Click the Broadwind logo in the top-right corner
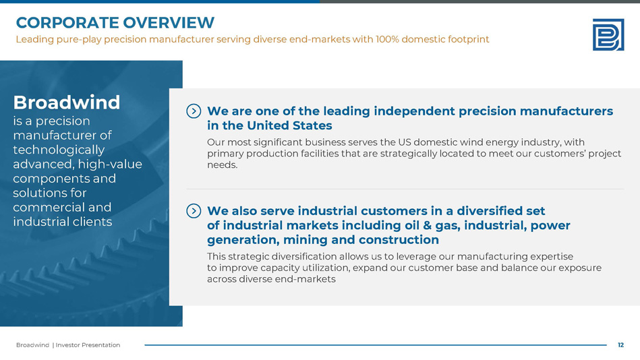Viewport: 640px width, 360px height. [x=608, y=34]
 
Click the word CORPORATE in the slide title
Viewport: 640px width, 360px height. [x=67, y=23]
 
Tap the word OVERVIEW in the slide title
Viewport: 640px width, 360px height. [x=169, y=23]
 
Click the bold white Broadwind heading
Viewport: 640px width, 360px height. [x=67, y=102]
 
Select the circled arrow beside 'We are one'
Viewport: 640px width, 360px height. [x=194, y=111]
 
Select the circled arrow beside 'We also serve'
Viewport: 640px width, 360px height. [x=194, y=210]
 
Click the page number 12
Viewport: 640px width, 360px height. [x=620, y=345]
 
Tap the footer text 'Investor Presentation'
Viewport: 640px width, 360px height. [x=88, y=345]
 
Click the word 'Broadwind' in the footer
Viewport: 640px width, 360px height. [x=32, y=345]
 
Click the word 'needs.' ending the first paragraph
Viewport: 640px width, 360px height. [x=222, y=165]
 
